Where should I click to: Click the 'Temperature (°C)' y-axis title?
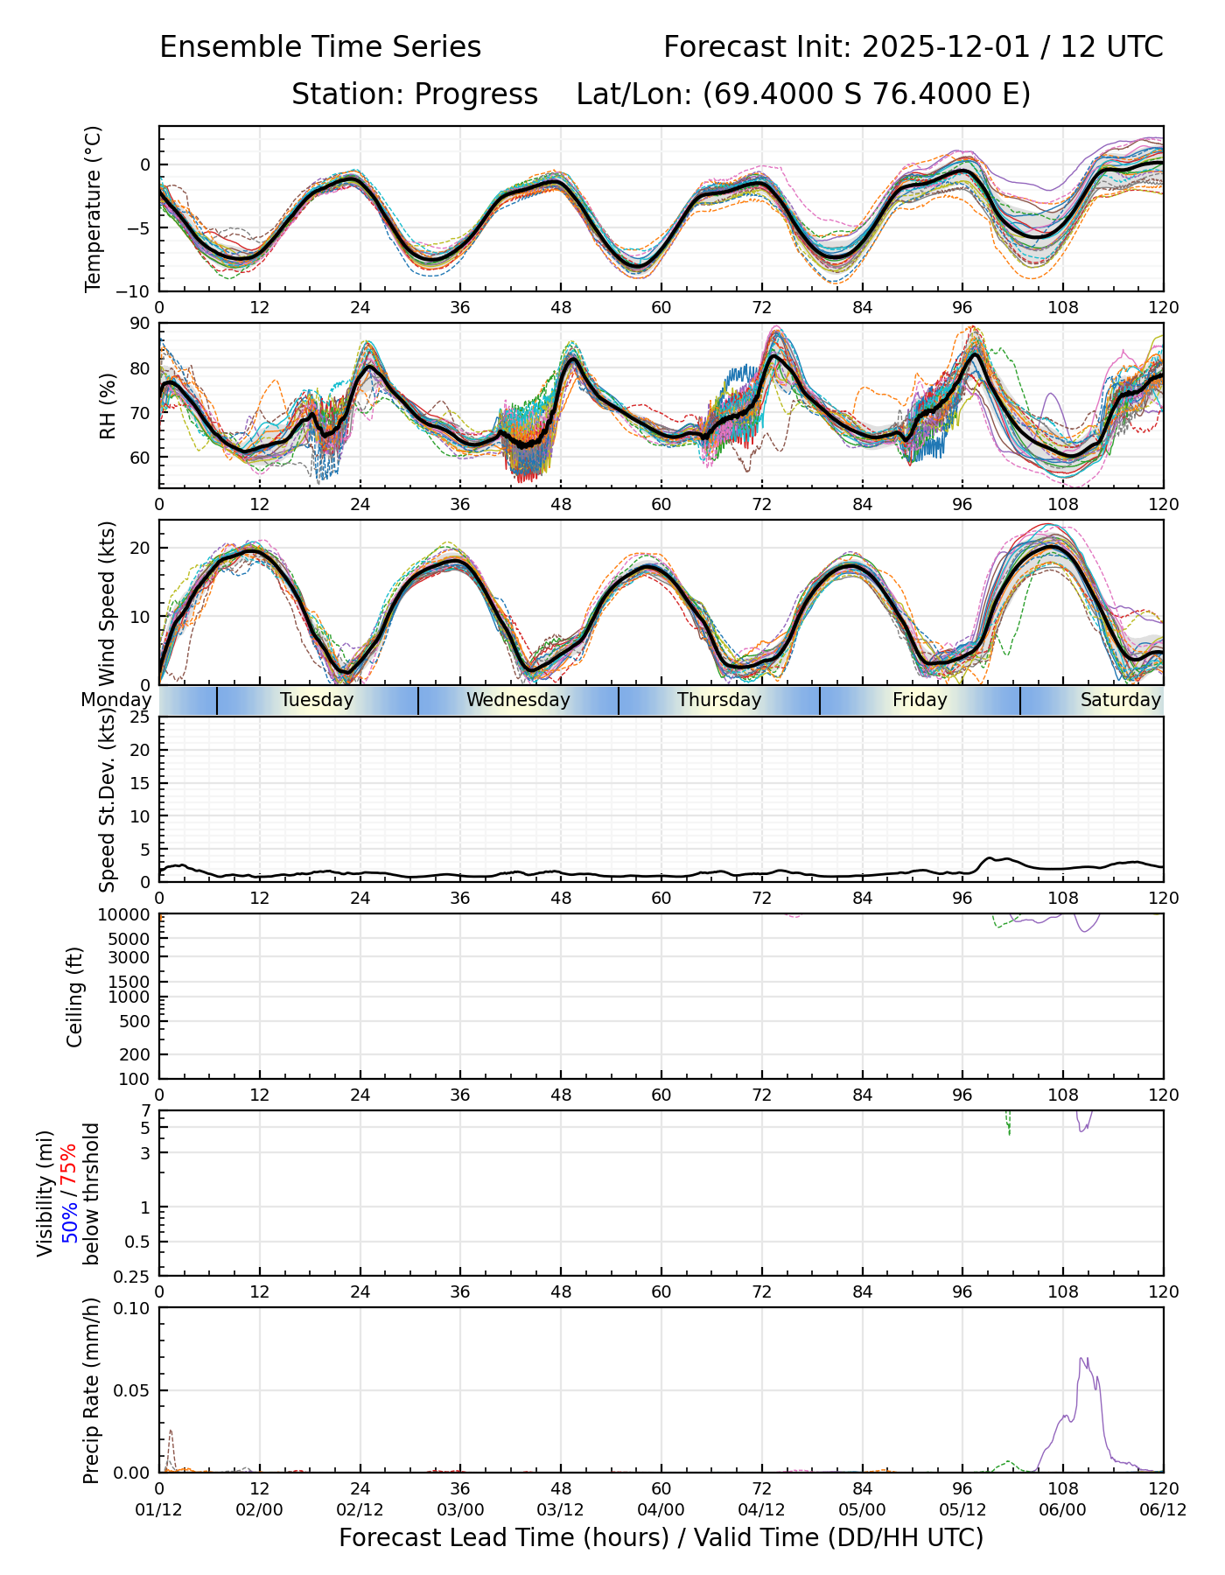[94, 208]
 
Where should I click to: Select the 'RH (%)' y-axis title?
[108, 406]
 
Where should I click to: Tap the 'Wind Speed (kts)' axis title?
[108, 603]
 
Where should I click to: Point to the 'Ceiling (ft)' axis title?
[75, 997]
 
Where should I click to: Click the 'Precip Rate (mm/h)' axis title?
[92, 1390]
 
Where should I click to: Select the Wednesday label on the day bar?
[518, 700]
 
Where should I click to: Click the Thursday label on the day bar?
[719, 700]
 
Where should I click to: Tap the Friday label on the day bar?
[920, 700]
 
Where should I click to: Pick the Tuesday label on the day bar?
[317, 700]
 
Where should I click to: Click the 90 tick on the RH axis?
[140, 325]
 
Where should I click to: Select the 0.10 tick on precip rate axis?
[133, 1308]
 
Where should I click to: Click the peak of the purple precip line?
[1082, 1358]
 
